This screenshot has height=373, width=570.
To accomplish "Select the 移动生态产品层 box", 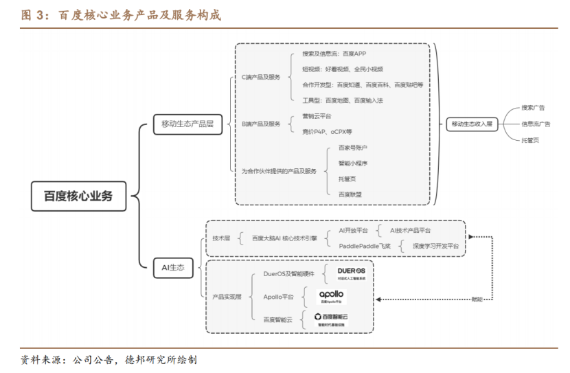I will pyautogui.click(x=187, y=124).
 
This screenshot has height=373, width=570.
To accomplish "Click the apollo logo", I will pyautogui.click(x=332, y=296).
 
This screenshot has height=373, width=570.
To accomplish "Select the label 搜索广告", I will pyautogui.click(x=533, y=108).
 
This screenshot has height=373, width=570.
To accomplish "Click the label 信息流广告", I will pyautogui.click(x=536, y=124).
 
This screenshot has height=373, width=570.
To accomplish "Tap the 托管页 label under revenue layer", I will pyautogui.click(x=530, y=140).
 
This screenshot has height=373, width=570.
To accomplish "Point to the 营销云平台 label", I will pyautogui.click(x=317, y=116).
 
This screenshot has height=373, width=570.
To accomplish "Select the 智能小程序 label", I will pyautogui.click(x=353, y=163).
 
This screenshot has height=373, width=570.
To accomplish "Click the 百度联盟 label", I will pyautogui.click(x=350, y=194).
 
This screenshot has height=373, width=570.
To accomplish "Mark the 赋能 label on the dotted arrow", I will pyautogui.click(x=477, y=299).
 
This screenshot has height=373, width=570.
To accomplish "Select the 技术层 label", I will pyautogui.click(x=221, y=238).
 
